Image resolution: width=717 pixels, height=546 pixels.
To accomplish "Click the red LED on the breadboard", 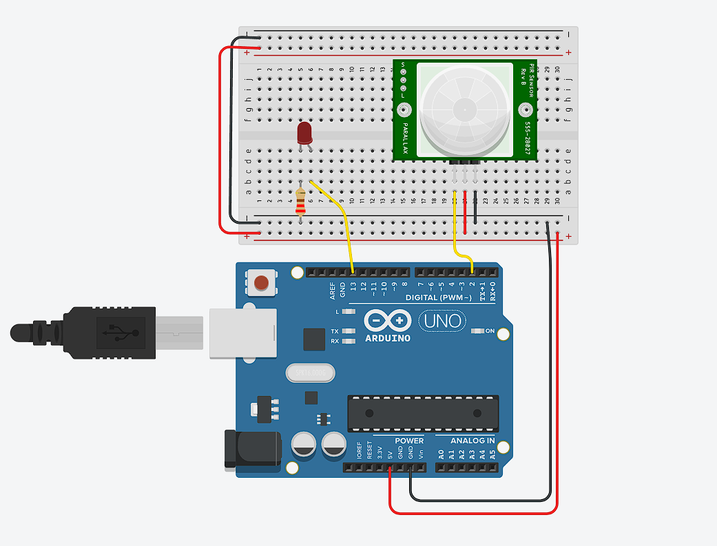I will click(304, 134).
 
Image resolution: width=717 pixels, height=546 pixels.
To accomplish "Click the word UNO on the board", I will click(441, 321).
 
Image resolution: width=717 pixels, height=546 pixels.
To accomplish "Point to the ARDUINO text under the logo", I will click(388, 338).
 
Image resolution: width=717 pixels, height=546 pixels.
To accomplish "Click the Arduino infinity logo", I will click(388, 321).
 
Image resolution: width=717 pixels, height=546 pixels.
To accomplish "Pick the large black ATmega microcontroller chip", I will click(423, 413).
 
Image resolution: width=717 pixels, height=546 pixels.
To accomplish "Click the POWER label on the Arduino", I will click(409, 441).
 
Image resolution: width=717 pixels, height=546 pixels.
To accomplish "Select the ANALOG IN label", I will click(472, 441).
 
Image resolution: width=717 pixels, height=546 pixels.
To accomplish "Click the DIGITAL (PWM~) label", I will click(439, 297).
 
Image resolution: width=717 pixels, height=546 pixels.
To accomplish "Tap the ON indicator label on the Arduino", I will click(490, 331).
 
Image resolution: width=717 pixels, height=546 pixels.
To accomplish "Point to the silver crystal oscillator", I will click(309, 372).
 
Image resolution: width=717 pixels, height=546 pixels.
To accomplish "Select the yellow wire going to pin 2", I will click(455, 234).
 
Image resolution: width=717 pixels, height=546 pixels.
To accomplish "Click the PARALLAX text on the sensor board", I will click(406, 136).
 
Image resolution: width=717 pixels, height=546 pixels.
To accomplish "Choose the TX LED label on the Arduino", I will click(335, 331).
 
